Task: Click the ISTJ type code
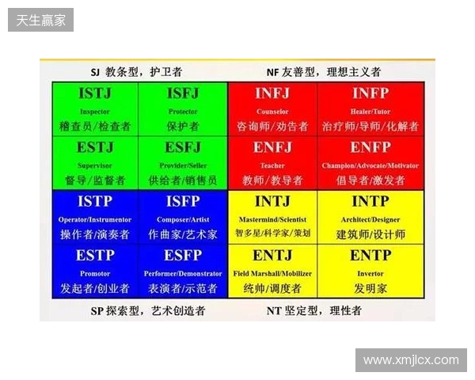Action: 95,94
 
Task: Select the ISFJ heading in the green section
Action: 183,94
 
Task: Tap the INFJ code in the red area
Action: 272,94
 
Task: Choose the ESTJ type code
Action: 95,148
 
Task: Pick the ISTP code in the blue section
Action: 95,203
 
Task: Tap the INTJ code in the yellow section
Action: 272,203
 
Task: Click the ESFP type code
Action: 183,256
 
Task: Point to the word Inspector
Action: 95,112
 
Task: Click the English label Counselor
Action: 272,112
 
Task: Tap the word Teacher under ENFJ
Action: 272,165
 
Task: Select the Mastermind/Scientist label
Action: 272,219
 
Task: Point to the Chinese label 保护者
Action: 183,126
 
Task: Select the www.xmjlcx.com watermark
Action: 411,360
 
